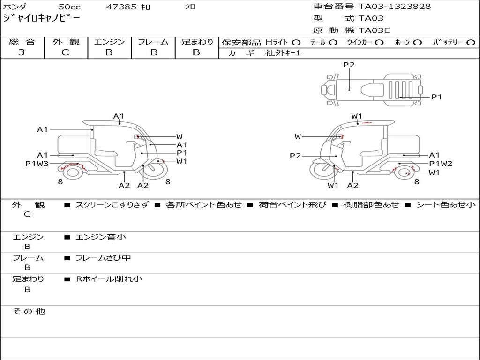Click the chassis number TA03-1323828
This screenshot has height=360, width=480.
[395, 7]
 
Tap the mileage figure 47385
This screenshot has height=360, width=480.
[122, 7]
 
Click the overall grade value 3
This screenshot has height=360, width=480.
[22, 52]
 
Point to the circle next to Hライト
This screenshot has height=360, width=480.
[296, 43]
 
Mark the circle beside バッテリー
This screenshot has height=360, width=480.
[471, 43]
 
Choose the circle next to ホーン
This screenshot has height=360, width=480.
[417, 43]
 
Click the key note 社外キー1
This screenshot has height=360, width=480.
[283, 53]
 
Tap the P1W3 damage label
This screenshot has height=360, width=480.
[37, 164]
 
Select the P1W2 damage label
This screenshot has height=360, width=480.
[441, 164]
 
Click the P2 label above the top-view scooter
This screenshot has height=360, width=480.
[349, 65]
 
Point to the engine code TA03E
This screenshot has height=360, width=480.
[375, 30]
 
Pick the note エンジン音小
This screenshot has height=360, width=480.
[101, 237]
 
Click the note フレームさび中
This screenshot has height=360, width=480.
[103, 258]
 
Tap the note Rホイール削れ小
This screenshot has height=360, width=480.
[109, 279]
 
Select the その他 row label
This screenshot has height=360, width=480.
[29, 311]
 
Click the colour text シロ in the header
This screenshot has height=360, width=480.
[189, 7]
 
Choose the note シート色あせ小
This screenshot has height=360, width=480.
[446, 205]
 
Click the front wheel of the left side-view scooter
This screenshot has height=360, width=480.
[154, 171]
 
